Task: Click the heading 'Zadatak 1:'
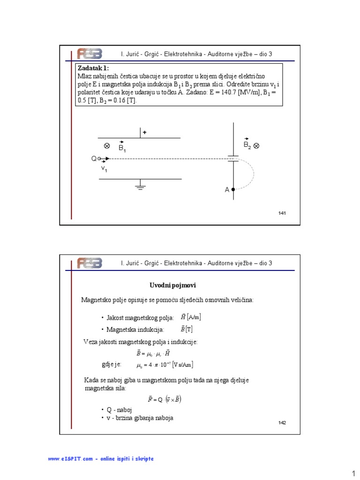93,68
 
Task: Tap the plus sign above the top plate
145,133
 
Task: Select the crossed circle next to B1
106,146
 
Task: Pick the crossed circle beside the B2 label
256,146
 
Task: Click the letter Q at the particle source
93,159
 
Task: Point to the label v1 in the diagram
104,169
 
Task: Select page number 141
282,213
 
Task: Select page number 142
282,423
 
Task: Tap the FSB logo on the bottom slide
90,262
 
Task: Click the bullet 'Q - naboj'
117,410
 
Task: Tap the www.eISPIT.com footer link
101,458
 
